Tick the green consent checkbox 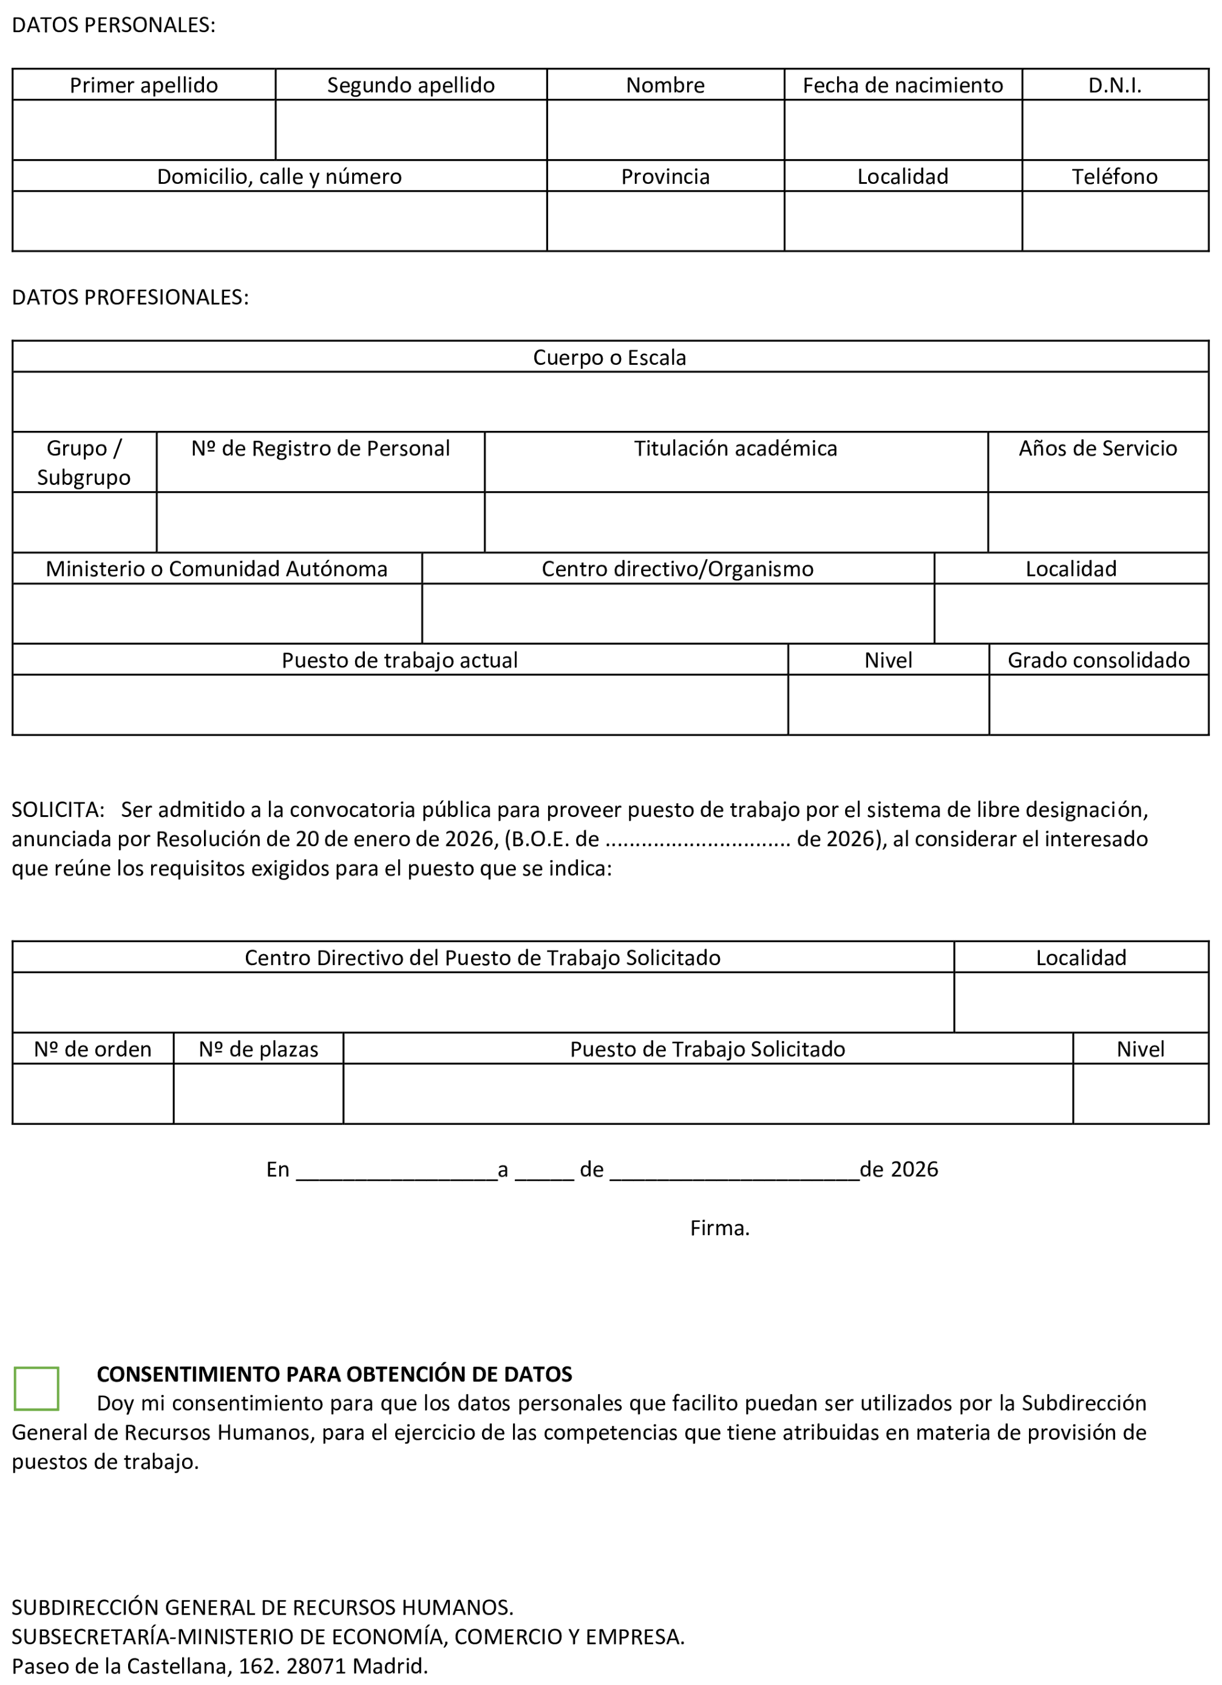point(36,1388)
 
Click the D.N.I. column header point(1115,86)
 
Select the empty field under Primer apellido point(143,130)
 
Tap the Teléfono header point(1115,177)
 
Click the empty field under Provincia point(665,222)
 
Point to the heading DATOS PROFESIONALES point(130,297)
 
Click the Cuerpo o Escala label point(609,358)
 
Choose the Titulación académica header point(735,449)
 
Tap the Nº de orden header point(93,1049)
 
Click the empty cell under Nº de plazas point(258,1094)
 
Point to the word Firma point(719,1228)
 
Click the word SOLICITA point(57,809)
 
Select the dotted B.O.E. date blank point(698,840)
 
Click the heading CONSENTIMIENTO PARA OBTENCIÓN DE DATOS point(334,1374)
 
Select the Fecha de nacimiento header point(903,86)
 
